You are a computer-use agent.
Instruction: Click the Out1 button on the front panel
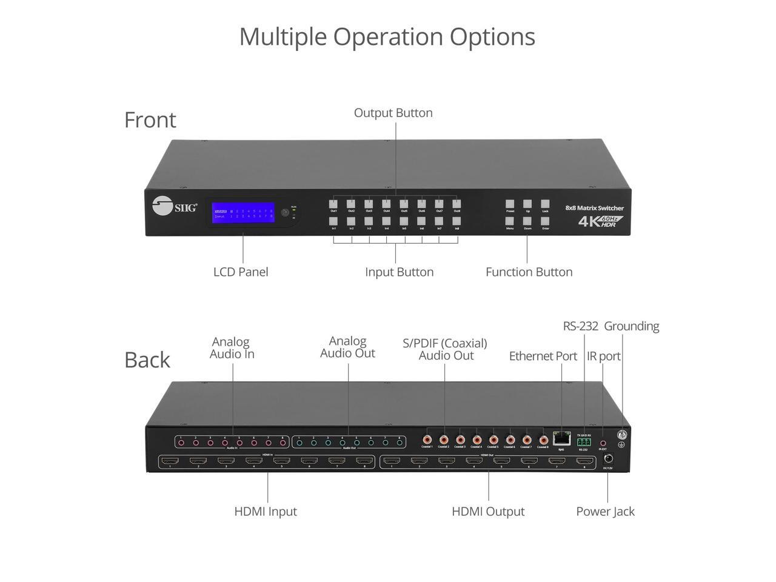pos(333,204)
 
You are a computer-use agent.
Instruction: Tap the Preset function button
pos(510,204)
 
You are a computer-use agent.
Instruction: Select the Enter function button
pos(545,221)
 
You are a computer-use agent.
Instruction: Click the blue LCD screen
pos(242,213)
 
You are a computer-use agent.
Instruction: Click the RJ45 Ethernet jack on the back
pos(561,437)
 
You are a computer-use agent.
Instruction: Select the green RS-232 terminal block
pos(583,442)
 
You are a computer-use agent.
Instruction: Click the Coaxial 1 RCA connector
pos(427,439)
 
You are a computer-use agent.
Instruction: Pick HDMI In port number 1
pos(170,461)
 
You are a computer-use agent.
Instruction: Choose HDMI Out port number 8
pos(584,461)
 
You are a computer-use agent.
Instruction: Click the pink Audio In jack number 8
pos(283,443)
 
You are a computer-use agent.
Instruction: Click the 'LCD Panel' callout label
pos(241,272)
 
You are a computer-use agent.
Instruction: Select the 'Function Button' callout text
pos(529,272)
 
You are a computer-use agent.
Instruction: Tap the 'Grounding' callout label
pos(631,326)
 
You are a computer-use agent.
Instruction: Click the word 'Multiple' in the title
pos(283,36)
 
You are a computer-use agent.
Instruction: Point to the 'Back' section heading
pos(147,360)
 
